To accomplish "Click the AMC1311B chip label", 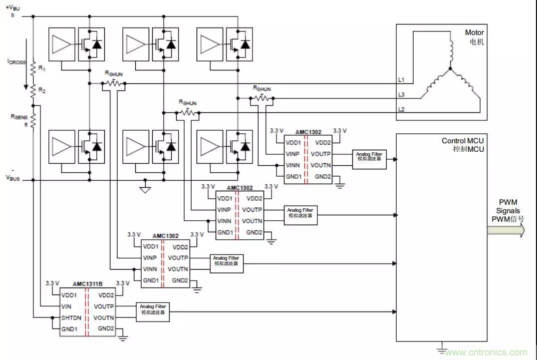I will (x=87, y=284).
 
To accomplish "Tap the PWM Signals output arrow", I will (x=506, y=230).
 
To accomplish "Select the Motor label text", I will (x=474, y=32).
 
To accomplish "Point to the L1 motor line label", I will (x=401, y=80).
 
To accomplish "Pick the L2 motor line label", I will (x=401, y=109).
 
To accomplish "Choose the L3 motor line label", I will (x=401, y=95).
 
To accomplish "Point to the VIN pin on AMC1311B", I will (x=67, y=306).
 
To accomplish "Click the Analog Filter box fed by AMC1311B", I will (x=153, y=312).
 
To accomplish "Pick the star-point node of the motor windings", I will (x=450, y=68).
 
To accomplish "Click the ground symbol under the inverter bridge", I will (x=145, y=190).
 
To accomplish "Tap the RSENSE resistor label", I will (x=18, y=119).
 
